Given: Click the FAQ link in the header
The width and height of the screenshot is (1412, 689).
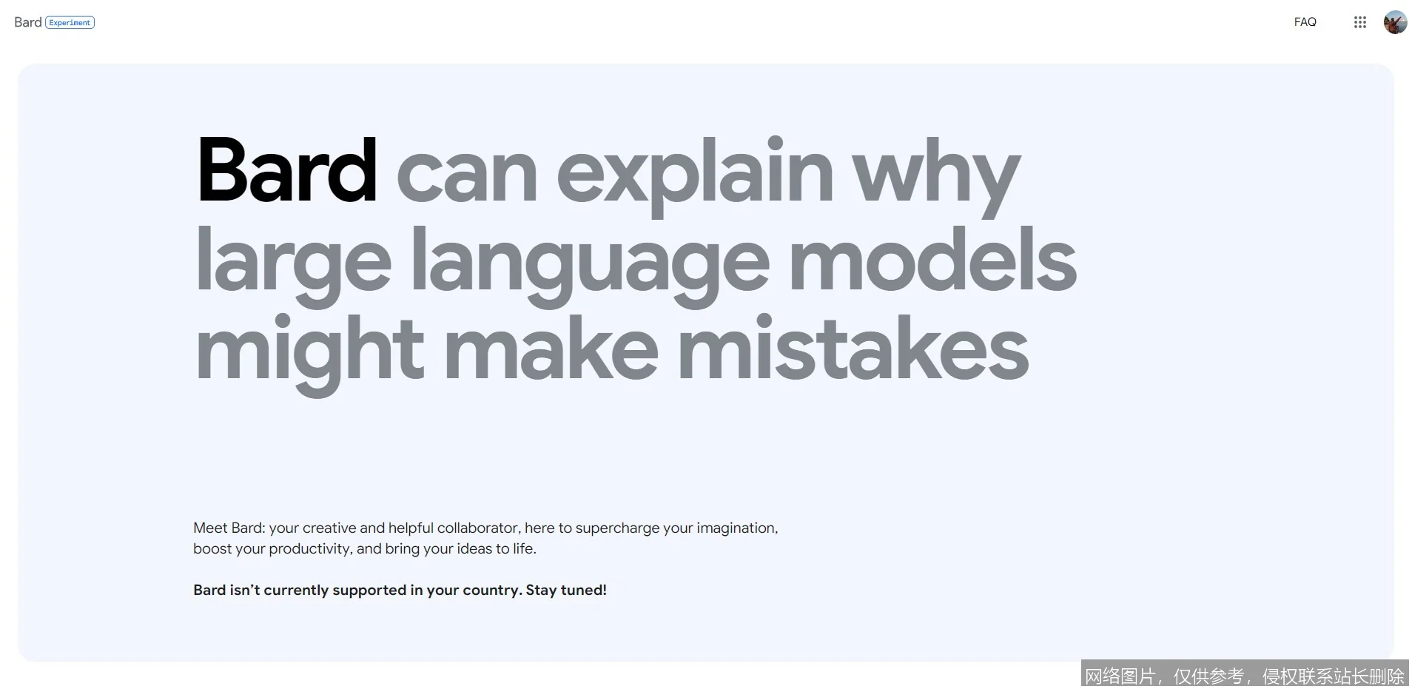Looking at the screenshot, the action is coord(1305,22).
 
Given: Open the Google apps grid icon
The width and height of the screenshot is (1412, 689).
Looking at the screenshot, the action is coord(1359,22).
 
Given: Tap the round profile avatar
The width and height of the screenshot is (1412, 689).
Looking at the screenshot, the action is coord(1395,22).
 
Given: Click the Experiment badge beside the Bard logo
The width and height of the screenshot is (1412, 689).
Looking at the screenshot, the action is coord(70,23).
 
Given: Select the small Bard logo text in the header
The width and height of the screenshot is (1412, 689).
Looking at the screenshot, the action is coord(27,22).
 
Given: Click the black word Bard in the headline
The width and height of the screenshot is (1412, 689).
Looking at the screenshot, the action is coord(286,169).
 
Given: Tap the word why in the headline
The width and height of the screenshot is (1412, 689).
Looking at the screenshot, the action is coord(936,178).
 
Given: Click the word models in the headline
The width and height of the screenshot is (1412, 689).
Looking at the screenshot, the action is coord(932,259).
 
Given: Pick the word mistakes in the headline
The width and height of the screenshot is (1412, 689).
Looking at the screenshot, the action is coord(853,347).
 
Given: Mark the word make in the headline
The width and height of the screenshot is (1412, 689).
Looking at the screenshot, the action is coord(551,347).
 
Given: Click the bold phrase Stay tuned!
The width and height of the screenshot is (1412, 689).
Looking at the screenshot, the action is coord(566,590).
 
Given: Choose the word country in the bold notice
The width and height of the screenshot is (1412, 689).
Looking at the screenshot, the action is coord(492,591).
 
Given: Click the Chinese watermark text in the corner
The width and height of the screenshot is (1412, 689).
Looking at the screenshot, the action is coord(1244,675).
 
